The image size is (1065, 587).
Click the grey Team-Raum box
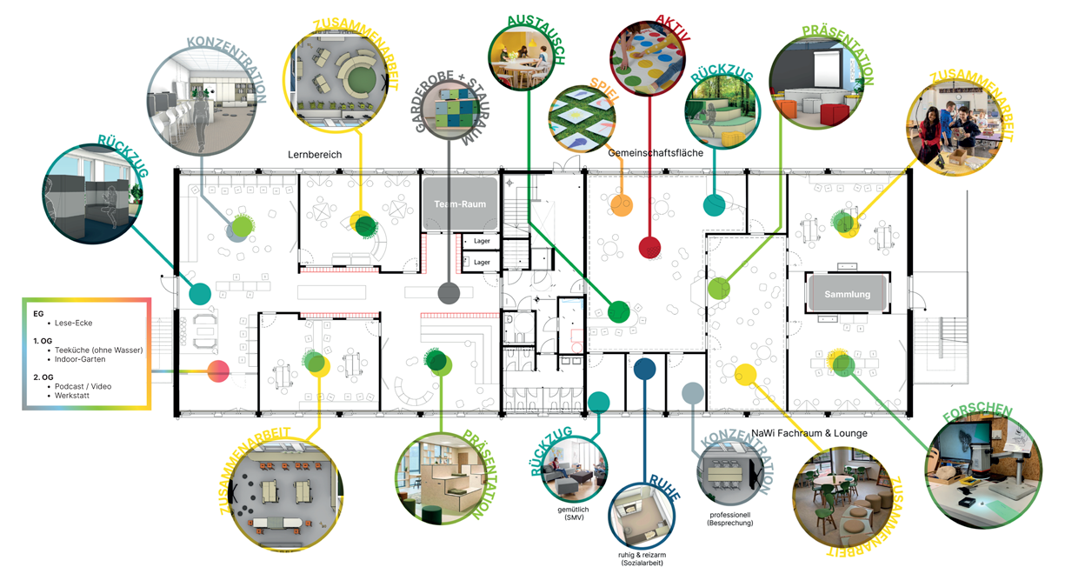pyautogui.click(x=460, y=204)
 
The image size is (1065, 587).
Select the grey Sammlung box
pyautogui.click(x=847, y=294)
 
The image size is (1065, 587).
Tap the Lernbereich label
pyautogui.click(x=315, y=155)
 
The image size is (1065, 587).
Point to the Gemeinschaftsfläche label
pyautogui.click(x=656, y=153)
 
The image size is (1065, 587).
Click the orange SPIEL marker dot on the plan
pyautogui.click(x=621, y=205)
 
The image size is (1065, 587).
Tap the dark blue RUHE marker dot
pyautogui.click(x=644, y=369)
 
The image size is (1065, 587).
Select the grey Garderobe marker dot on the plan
pyautogui.click(x=449, y=292)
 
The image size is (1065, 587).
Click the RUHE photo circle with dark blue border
pyautogui.click(x=642, y=515)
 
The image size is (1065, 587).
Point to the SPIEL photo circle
pyautogui.click(x=582, y=119)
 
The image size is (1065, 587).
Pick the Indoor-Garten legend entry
pyautogui.click(x=80, y=359)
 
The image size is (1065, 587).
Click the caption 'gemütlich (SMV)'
pyautogui.click(x=574, y=513)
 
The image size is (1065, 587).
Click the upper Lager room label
pyautogui.click(x=482, y=241)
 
